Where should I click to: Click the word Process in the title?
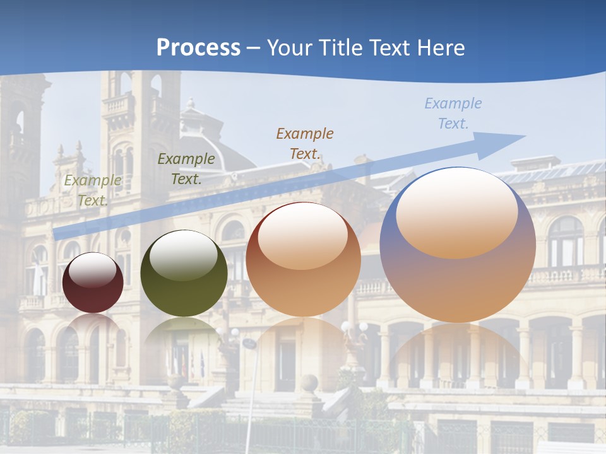click(x=198, y=48)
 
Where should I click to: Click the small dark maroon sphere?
click(x=93, y=282)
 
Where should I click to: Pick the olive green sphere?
click(x=184, y=274)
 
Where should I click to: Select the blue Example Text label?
click(x=453, y=113)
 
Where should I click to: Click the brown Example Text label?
click(x=305, y=143)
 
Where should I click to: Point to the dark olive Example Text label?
click(x=186, y=169)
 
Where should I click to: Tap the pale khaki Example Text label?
click(x=93, y=190)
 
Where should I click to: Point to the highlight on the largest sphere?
click(x=457, y=213)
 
